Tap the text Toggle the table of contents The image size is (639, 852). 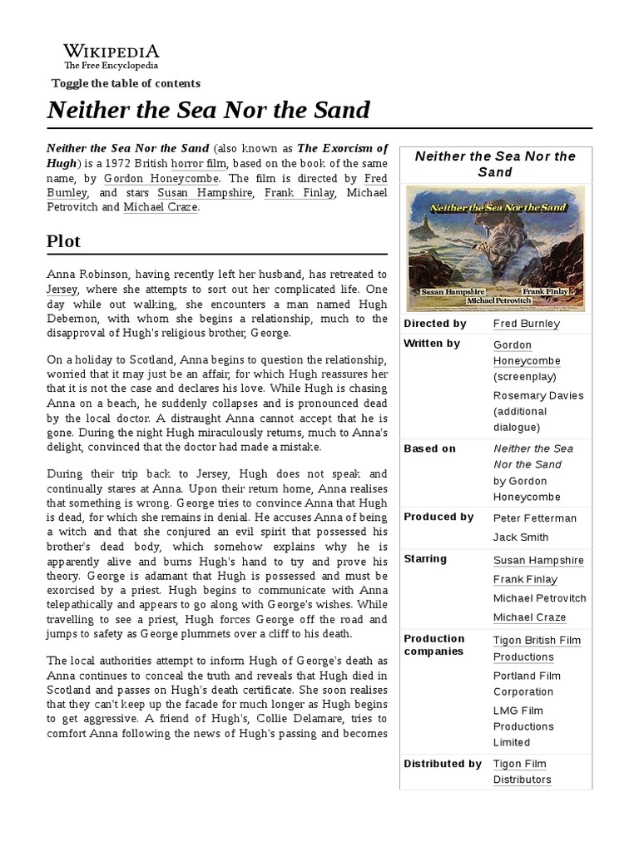coord(126,83)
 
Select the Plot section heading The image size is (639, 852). coord(64,241)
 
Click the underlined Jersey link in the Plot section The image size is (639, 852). coord(62,290)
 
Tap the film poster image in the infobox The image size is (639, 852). coord(496,248)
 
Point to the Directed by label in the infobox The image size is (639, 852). coord(434,324)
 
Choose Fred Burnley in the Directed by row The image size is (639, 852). coord(526,324)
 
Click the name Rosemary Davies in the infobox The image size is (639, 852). coord(538,395)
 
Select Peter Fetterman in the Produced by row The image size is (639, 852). coord(534,518)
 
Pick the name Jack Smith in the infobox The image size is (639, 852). coord(521,537)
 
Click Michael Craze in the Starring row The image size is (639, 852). coord(529,617)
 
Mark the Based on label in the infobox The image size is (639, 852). coord(430,448)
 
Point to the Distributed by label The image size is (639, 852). coord(442,764)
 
